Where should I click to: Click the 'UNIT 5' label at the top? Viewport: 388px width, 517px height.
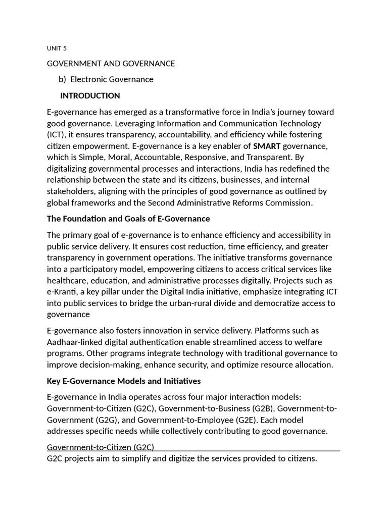coord(57,48)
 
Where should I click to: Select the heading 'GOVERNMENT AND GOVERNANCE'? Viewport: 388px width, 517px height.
coord(111,64)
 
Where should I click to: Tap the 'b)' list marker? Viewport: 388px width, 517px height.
coord(62,79)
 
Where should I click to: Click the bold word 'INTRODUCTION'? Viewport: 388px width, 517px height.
coord(90,96)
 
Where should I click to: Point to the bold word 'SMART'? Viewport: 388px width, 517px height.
coord(267,146)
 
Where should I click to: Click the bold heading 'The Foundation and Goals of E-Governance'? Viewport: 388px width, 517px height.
coord(128,219)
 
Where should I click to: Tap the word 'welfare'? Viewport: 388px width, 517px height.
coord(322,342)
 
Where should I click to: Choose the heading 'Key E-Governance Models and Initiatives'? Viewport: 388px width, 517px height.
coord(124,381)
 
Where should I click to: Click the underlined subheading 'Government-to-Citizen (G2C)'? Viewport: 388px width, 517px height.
coord(101,447)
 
